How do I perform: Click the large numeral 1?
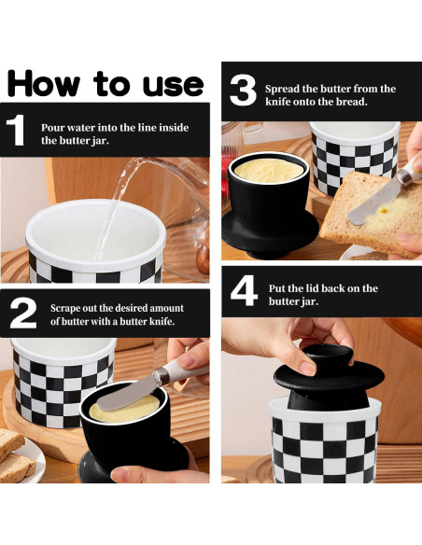click(x=16, y=130)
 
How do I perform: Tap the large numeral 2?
click(x=23, y=313)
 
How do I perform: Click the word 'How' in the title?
click(x=44, y=83)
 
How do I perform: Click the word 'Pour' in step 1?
click(x=52, y=128)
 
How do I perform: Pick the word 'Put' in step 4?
click(x=276, y=288)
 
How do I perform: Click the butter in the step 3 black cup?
click(x=269, y=171)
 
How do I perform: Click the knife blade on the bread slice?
click(x=374, y=203)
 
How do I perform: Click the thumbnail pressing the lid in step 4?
click(x=308, y=368)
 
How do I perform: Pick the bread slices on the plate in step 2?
click(x=16, y=454)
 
